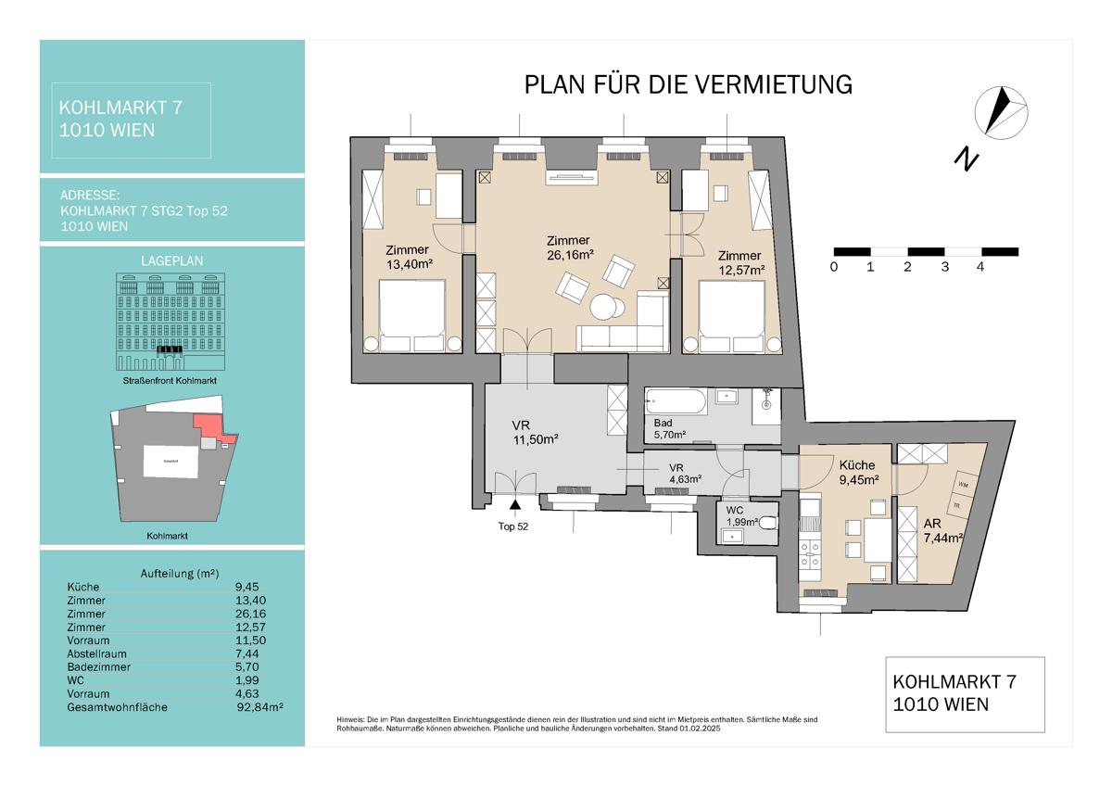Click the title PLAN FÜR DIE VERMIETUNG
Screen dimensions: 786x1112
click(x=688, y=84)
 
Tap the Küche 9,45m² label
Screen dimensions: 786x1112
click(x=857, y=473)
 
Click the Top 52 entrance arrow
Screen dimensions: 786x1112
click(x=514, y=503)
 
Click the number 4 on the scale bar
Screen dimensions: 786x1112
click(x=979, y=267)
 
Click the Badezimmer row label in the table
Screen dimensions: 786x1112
click(x=99, y=666)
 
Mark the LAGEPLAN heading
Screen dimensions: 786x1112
click(x=172, y=261)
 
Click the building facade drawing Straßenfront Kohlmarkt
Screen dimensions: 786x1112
click(x=171, y=318)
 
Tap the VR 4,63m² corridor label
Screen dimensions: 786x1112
click(x=685, y=474)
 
